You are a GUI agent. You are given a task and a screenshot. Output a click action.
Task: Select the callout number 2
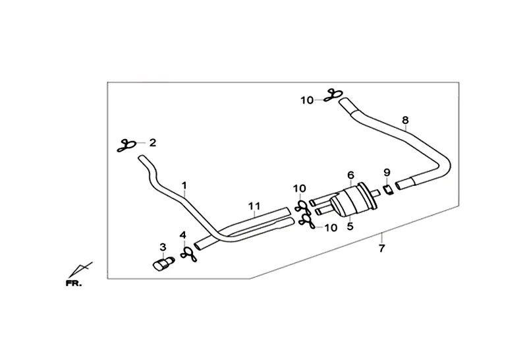coord(153,142)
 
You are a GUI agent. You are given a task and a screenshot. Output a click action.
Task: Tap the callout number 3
coord(163,247)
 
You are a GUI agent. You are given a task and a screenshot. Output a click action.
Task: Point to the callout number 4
coord(184,235)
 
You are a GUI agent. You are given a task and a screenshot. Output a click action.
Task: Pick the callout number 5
coord(350,225)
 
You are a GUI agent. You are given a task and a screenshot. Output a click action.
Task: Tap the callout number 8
coord(405,120)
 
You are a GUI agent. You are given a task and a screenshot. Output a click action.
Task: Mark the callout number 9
coord(387,172)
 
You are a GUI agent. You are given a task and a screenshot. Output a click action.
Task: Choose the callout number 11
coord(255,205)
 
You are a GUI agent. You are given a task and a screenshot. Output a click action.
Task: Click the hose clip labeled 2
coord(126,146)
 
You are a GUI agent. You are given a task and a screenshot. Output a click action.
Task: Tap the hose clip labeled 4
coord(186,253)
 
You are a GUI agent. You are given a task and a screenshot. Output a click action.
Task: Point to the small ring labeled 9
coord(388,189)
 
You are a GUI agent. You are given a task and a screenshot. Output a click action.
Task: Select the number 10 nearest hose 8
coord(308,100)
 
